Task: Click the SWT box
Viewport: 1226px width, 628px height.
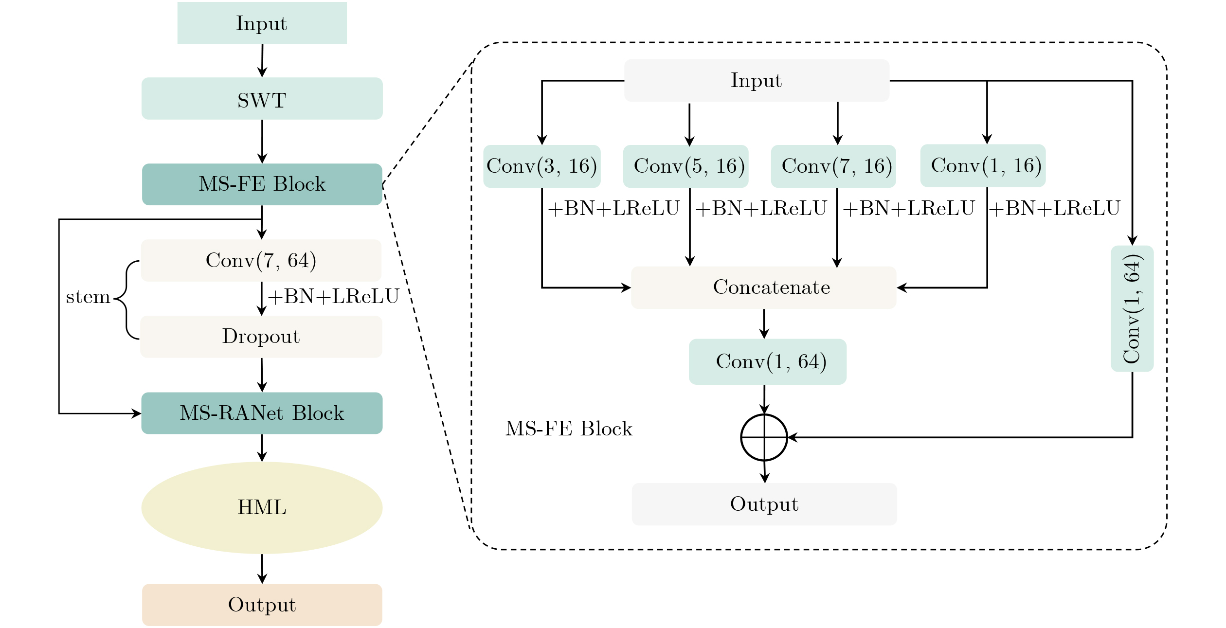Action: click(x=262, y=99)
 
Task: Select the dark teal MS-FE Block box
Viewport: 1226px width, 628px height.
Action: click(x=262, y=184)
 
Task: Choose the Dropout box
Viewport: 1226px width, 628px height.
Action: click(x=261, y=337)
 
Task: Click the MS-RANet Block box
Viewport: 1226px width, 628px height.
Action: click(x=262, y=413)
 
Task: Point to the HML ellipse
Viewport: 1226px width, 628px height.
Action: click(x=262, y=508)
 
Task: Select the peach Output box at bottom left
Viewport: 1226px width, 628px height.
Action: click(x=262, y=605)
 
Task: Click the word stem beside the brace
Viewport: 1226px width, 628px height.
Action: click(x=88, y=297)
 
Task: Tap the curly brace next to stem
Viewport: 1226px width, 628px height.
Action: click(x=125, y=299)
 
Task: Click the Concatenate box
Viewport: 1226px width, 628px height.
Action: click(x=763, y=287)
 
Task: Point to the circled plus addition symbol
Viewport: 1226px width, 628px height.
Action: click(x=764, y=437)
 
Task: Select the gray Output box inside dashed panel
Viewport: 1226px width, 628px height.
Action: click(x=764, y=504)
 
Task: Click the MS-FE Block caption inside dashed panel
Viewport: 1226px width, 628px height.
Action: click(x=569, y=429)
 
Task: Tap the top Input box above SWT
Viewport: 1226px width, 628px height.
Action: click(x=262, y=23)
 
